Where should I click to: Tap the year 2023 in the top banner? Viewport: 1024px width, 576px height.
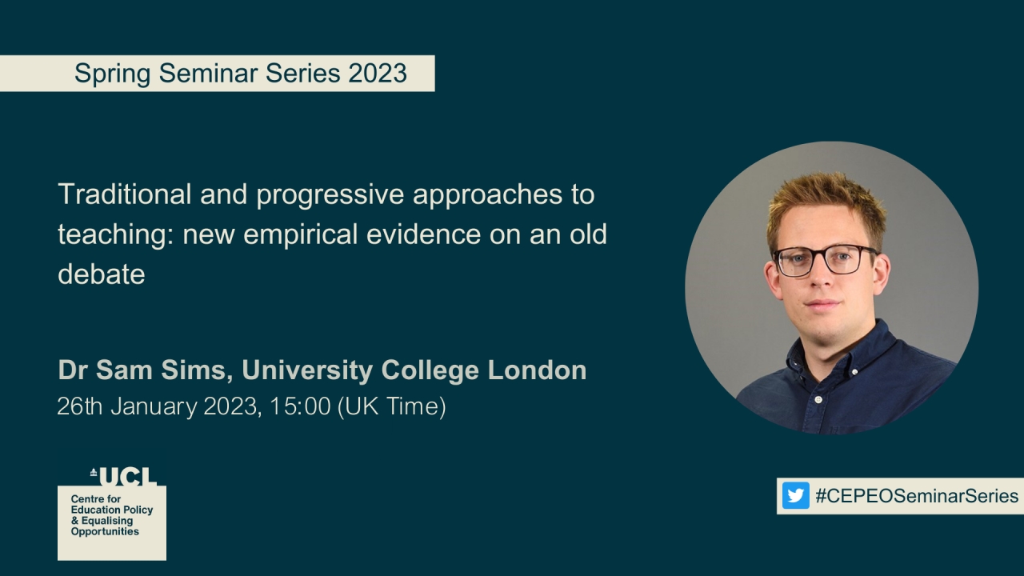[378, 74]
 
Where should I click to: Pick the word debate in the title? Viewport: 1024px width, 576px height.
[101, 274]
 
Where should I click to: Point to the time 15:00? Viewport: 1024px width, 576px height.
[300, 406]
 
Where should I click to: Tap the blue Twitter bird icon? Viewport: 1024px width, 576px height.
[795, 496]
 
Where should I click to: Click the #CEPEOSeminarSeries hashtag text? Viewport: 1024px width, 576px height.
[917, 496]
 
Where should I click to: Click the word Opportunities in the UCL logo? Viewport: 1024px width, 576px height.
[105, 532]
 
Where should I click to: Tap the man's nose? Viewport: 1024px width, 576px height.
[823, 280]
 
